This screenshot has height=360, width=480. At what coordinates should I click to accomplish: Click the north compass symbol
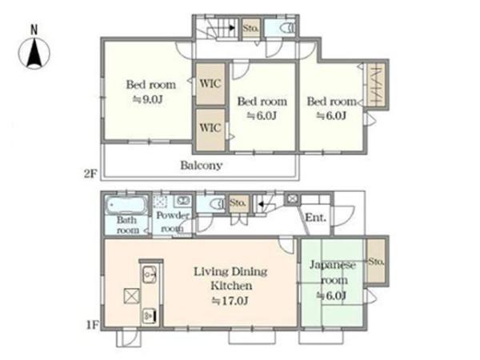34,53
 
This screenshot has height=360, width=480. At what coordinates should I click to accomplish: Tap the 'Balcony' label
201,166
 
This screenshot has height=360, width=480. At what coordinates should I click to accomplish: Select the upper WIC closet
210,83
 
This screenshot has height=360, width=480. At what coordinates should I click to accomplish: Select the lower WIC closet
210,130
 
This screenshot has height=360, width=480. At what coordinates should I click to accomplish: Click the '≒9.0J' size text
147,99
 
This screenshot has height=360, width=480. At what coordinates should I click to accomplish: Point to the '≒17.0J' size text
230,301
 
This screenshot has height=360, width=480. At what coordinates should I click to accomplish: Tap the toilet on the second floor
287,28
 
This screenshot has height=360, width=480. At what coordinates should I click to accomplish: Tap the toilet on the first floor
217,203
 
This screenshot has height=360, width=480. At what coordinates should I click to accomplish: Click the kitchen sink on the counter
149,274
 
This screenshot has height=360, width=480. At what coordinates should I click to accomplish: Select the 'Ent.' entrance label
315,218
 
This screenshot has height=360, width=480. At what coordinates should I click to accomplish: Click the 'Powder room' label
172,222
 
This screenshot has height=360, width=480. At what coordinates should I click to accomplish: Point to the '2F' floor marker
90,174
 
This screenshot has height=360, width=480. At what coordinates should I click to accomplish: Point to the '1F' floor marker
92,325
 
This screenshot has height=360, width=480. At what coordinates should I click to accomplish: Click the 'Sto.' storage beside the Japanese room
376,261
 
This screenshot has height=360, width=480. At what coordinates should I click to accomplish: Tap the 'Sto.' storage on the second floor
251,28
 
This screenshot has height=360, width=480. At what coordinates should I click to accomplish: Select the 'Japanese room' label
333,272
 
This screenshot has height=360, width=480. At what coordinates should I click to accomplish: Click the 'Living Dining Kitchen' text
231,278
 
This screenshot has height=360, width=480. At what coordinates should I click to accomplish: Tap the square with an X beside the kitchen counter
132,296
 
